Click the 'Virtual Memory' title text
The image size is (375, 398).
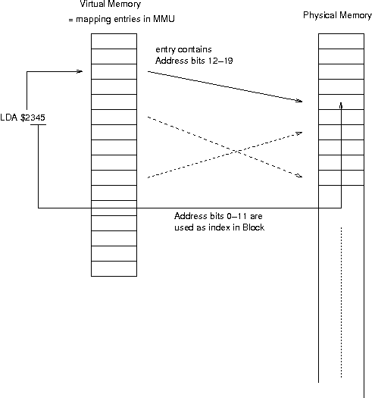(111, 5)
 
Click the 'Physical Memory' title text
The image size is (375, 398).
(337, 15)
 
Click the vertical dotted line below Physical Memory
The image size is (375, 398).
(343, 303)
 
